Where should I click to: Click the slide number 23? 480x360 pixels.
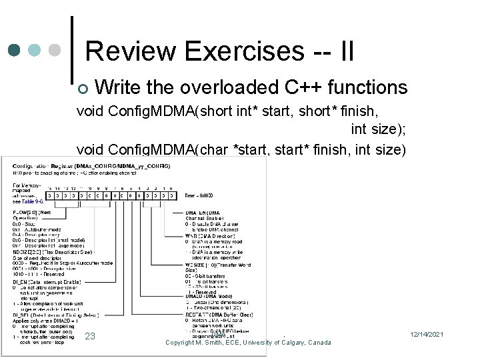tap(91, 336)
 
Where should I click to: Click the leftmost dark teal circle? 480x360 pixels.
tap(15, 51)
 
